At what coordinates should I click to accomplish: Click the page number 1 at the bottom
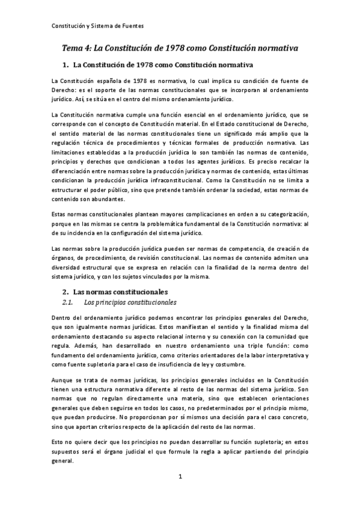coord(180,494)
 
